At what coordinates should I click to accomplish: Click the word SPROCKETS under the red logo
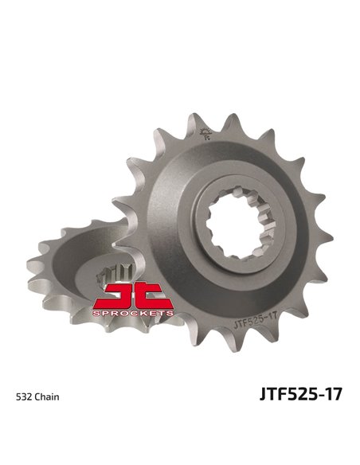[x=133, y=315]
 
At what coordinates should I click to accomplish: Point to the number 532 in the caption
[x=25, y=396]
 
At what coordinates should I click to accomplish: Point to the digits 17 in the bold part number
[x=332, y=394]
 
